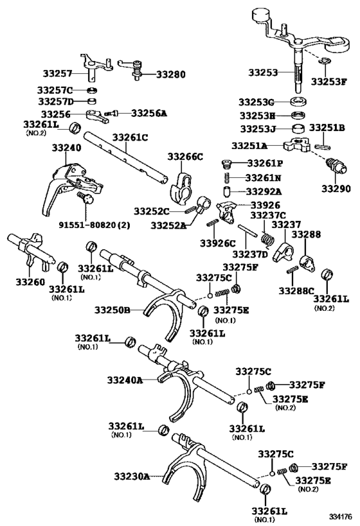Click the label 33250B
(113, 310)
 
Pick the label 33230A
(132, 476)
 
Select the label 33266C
(185, 157)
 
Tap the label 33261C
(130, 137)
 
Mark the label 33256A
(148, 113)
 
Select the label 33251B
(327, 128)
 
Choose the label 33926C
(217, 243)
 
